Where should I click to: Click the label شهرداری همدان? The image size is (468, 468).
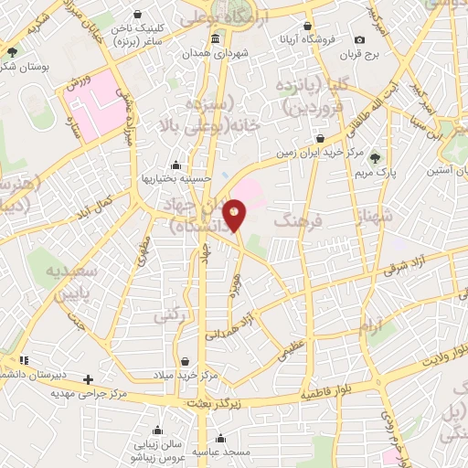pos(215,51)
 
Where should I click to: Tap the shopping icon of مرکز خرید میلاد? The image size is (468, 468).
pos(186,361)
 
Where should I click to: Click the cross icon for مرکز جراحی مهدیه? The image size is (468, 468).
pos(88,378)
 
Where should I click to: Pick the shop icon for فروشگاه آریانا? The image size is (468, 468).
pos(308,25)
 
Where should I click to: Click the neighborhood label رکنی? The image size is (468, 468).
pos(167,316)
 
